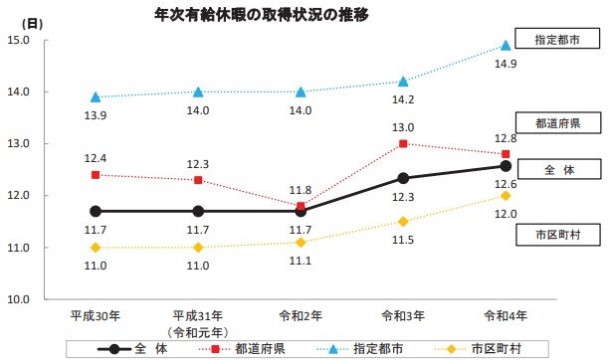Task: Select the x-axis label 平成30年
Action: click(x=95, y=315)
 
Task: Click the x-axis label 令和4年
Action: click(x=506, y=315)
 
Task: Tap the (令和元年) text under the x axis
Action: click(x=197, y=331)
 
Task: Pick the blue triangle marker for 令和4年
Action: click(x=506, y=46)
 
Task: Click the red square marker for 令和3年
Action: click(x=403, y=143)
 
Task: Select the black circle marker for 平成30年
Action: click(x=96, y=211)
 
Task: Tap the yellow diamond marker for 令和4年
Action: click(x=506, y=196)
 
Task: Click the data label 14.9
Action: click(x=506, y=65)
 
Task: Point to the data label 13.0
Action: click(x=403, y=127)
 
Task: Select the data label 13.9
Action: click(x=96, y=115)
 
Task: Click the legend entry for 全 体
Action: click(x=139, y=349)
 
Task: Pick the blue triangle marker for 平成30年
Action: click(x=96, y=96)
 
